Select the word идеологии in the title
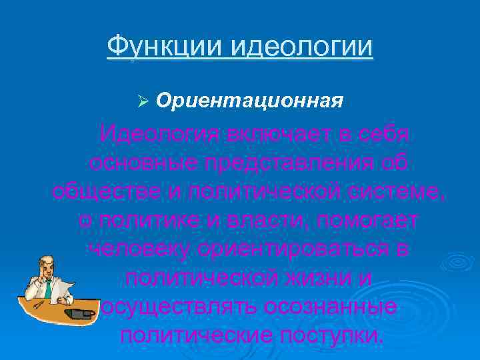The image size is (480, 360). (x=302, y=47)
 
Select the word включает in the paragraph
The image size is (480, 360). (x=273, y=133)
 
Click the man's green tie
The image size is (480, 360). (x=49, y=288)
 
